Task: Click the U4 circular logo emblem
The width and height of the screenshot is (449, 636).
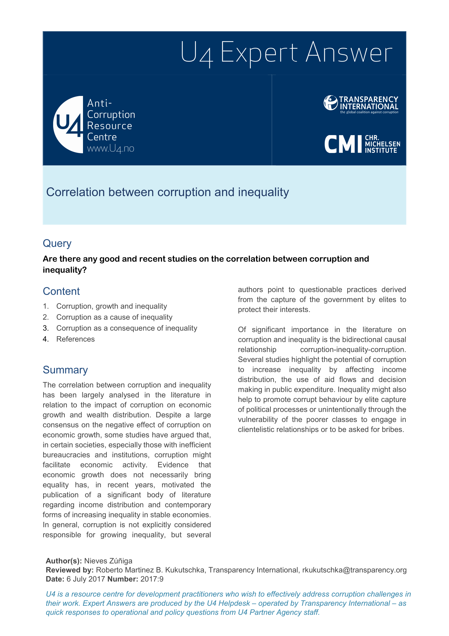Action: (x=68, y=125)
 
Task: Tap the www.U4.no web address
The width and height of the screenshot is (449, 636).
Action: (x=110, y=149)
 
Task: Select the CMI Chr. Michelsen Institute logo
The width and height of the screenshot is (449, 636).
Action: (x=362, y=144)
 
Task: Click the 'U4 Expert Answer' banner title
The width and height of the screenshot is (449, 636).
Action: (x=286, y=53)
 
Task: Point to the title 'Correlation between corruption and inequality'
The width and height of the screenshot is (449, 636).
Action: (x=167, y=192)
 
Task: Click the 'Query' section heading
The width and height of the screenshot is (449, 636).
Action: (x=57, y=243)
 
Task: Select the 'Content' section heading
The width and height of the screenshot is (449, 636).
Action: (x=61, y=291)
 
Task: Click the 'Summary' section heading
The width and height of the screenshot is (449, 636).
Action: (x=65, y=370)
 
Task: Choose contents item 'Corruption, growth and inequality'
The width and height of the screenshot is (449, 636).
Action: (x=111, y=306)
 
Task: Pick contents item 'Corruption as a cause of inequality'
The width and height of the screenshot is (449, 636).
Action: (x=114, y=317)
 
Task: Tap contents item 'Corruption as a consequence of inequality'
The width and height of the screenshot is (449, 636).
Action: (x=127, y=328)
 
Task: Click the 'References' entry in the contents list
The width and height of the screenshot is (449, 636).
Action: (x=75, y=339)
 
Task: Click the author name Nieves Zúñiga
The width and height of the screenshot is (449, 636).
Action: (x=108, y=561)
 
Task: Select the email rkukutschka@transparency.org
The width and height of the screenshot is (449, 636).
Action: (x=354, y=570)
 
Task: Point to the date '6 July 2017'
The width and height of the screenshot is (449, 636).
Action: (x=86, y=579)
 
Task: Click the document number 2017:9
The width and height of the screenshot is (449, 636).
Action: (x=152, y=579)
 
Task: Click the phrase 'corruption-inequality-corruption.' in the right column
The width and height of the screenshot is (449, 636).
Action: (x=353, y=350)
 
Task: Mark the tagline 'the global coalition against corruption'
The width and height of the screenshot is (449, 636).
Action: (x=369, y=112)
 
